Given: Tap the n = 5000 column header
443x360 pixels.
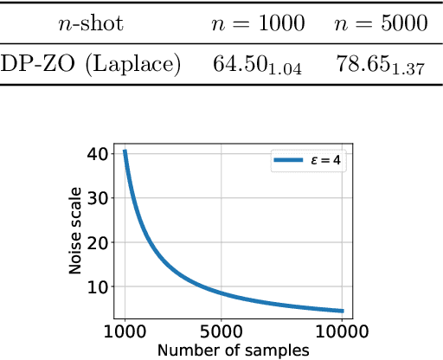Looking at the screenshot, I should pyautogui.click(x=380, y=25).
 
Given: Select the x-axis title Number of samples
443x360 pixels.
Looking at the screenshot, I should pyautogui.click(x=234, y=350).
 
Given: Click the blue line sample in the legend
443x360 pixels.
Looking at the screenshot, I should pyautogui.click(x=287, y=161).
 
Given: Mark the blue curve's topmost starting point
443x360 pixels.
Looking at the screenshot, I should pyautogui.click(x=125, y=151).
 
